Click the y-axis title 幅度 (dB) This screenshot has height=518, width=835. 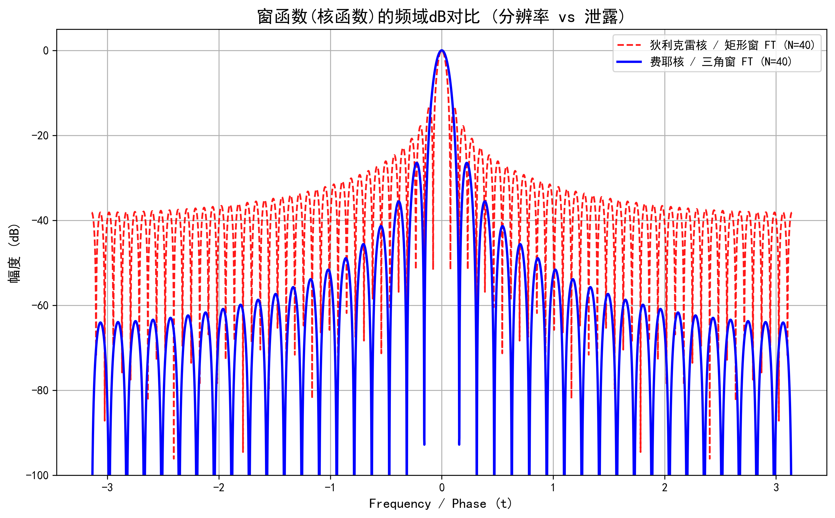coord(14,253)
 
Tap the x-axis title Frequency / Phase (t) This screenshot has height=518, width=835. coord(441,504)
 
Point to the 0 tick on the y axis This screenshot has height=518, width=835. coord(46,51)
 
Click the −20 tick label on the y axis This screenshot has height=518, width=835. coord(40,136)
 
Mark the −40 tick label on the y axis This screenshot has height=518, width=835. coord(40,221)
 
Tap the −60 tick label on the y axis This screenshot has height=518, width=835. coord(40,306)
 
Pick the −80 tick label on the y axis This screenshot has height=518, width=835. coord(40,391)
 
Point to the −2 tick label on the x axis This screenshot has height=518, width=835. coord(219,487)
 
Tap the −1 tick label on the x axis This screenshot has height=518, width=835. coord(330,487)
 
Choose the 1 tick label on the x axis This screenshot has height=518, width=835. coord(553,487)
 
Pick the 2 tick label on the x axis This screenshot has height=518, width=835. coord(665,487)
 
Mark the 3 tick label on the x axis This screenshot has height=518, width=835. coord(776,487)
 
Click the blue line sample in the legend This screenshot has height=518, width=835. coord(629,62)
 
